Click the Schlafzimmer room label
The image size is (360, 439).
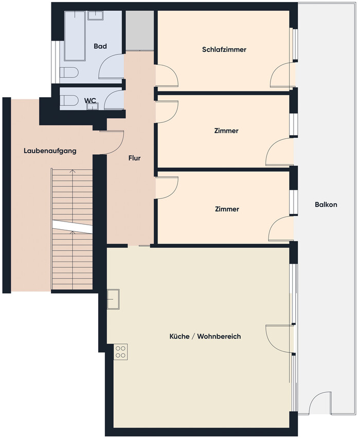(224, 49)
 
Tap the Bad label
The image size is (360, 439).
(100, 46)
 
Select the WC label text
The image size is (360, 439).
(90, 100)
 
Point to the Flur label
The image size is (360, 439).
(134, 158)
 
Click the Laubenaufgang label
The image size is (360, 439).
(50, 151)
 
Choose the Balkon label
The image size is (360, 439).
(326, 205)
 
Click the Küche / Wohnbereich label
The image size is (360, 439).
(205, 336)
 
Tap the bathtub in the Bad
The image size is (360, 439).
(75, 36)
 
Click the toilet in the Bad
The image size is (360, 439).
(69, 73)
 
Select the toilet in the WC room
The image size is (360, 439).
(69, 100)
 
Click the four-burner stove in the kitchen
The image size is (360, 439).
(120, 352)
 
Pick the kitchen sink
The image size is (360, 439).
(113, 299)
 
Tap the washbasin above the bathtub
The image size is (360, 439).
(96, 15)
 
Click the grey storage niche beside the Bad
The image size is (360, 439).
(139, 31)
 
